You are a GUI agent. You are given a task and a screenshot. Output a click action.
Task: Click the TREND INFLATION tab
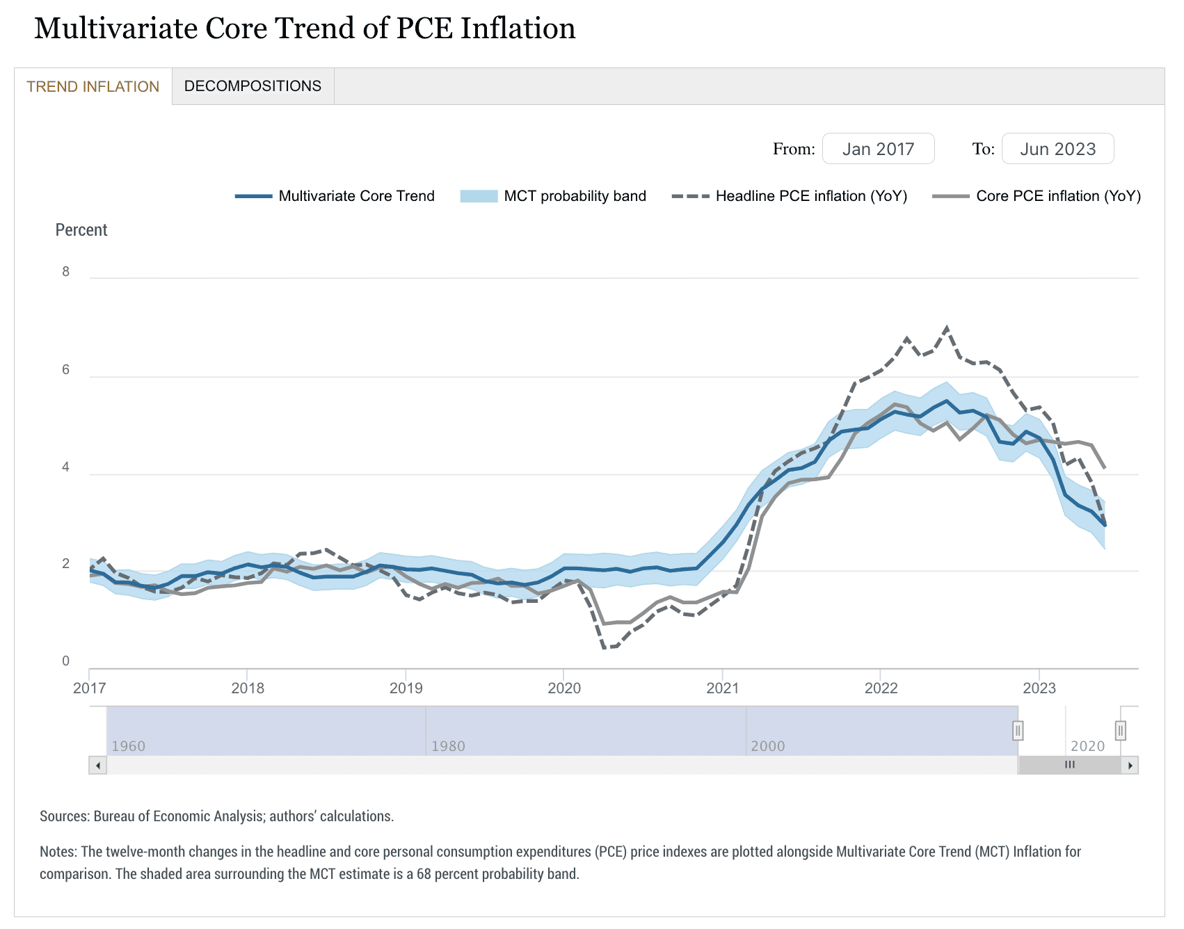tap(93, 87)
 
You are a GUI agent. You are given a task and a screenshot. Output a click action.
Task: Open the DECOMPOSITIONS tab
tap(253, 86)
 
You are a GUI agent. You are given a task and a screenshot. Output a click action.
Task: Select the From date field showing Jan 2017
tap(878, 149)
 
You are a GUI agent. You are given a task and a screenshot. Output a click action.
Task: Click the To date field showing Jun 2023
tap(1057, 149)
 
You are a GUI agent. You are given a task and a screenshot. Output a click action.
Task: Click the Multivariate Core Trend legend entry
tap(355, 196)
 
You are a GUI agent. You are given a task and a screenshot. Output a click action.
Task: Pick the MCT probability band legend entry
tap(575, 196)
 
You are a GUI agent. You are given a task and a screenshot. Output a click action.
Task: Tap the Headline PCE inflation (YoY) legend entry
tap(811, 196)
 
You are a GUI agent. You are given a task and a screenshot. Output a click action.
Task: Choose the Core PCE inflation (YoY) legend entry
tap(1058, 196)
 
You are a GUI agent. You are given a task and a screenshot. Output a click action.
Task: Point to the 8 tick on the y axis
tap(66, 272)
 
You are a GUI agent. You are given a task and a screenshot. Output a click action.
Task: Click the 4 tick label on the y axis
tap(66, 467)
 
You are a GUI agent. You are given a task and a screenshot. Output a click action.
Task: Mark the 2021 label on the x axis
tap(722, 688)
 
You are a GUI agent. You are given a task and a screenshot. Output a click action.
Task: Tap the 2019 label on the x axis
tap(406, 688)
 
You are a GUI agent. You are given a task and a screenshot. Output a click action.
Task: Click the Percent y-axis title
tap(81, 230)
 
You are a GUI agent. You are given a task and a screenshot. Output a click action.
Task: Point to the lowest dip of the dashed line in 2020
tap(604, 647)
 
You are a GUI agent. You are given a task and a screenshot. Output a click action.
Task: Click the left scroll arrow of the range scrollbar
tap(98, 766)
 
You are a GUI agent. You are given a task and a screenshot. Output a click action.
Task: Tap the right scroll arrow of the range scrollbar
tap(1130, 766)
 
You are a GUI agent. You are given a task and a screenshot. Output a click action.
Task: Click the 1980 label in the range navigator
tap(448, 746)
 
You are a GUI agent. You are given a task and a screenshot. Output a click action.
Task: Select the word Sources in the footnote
tap(64, 816)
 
